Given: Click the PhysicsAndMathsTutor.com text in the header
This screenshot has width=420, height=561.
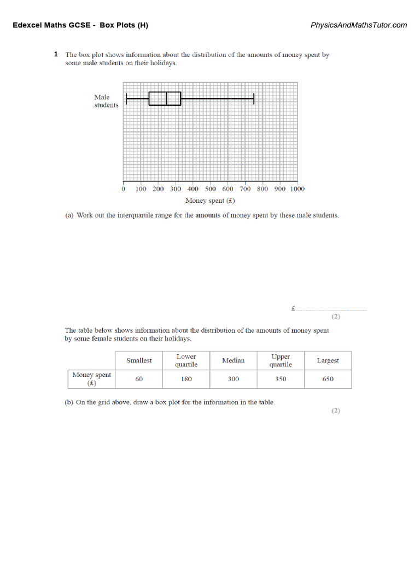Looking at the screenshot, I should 359,25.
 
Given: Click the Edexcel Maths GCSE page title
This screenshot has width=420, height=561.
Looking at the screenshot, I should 80,25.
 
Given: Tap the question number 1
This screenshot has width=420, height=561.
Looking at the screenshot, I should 56,54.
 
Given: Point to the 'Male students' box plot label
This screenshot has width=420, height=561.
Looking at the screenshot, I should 106,101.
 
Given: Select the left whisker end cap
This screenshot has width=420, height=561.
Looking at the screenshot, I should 126,99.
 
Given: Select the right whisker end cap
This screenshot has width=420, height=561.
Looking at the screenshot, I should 254,99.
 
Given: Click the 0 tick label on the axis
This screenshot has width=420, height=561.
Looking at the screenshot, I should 123,189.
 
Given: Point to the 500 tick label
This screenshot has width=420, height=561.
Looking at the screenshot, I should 211,189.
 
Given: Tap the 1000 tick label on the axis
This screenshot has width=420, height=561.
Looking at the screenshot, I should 297,189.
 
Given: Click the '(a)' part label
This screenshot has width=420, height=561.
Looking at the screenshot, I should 69,215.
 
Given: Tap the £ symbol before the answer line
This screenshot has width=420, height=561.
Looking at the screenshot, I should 293,308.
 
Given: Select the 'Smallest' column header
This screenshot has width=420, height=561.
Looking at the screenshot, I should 139,360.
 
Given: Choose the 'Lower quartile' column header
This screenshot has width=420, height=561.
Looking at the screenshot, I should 186,360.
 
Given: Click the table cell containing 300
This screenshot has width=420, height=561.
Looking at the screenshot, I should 233,379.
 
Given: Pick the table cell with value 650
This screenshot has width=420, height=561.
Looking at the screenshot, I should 328,379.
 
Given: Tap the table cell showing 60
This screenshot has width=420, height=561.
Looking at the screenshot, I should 139,379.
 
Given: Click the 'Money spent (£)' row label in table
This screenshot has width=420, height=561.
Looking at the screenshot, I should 91,379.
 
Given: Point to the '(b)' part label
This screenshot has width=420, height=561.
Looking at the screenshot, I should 69,402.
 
